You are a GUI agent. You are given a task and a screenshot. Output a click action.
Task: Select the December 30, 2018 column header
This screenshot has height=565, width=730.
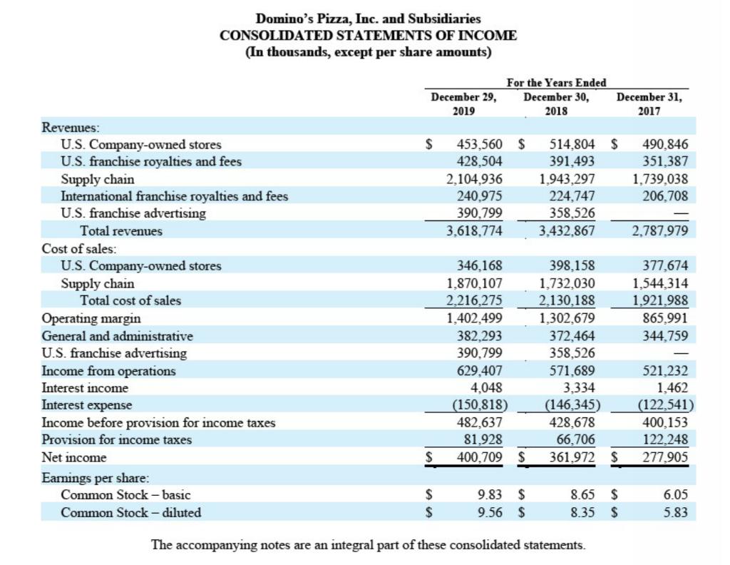556,104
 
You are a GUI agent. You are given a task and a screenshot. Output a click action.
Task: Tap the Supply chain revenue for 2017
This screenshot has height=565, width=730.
660,178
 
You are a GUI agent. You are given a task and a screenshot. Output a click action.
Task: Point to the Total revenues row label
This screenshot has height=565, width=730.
121,230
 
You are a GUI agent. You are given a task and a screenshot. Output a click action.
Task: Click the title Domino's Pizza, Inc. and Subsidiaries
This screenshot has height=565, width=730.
368,19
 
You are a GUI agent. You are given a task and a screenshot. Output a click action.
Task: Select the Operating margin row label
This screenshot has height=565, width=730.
91,318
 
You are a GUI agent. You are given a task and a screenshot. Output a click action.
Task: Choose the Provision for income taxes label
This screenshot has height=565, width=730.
117,439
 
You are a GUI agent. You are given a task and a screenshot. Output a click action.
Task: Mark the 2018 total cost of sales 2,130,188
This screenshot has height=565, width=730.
567,300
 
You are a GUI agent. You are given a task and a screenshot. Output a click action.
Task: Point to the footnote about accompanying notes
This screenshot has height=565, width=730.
368,545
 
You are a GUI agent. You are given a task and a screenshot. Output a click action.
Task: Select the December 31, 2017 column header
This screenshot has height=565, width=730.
649,104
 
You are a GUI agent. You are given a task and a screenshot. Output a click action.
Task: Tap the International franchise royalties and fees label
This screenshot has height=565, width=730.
175,195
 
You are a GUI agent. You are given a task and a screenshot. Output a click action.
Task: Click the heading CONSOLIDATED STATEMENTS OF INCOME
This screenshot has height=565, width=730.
368,36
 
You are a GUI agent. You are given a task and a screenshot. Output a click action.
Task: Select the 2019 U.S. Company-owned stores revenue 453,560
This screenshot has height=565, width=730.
479,145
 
